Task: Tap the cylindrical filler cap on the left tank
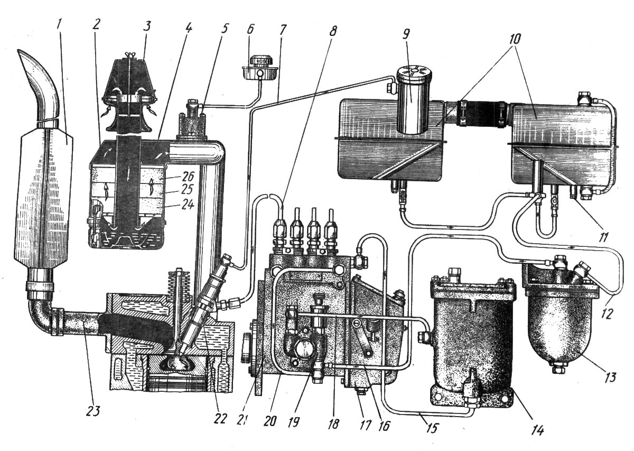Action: [x=414, y=100]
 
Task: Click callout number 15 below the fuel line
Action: [x=432, y=427]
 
